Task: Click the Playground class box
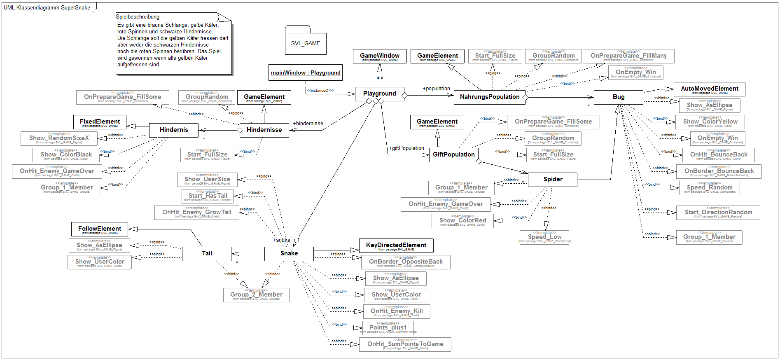(x=379, y=94)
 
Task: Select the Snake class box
(x=289, y=253)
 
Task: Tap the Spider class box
(x=552, y=179)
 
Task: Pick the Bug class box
(x=618, y=97)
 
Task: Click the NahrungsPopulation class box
(x=489, y=97)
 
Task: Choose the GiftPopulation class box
(x=453, y=154)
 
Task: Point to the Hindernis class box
(x=173, y=130)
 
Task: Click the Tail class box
(x=207, y=253)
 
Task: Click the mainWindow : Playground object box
(x=306, y=73)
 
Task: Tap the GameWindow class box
(x=380, y=56)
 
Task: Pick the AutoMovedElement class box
(x=709, y=89)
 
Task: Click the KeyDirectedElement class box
(x=396, y=245)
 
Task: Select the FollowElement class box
(x=100, y=229)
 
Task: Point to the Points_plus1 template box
(x=388, y=328)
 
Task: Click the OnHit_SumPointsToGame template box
(x=405, y=344)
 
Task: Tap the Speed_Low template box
(x=544, y=237)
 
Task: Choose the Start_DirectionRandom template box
(x=718, y=213)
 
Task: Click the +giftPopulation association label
(x=406, y=148)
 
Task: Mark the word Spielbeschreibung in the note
(x=138, y=17)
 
